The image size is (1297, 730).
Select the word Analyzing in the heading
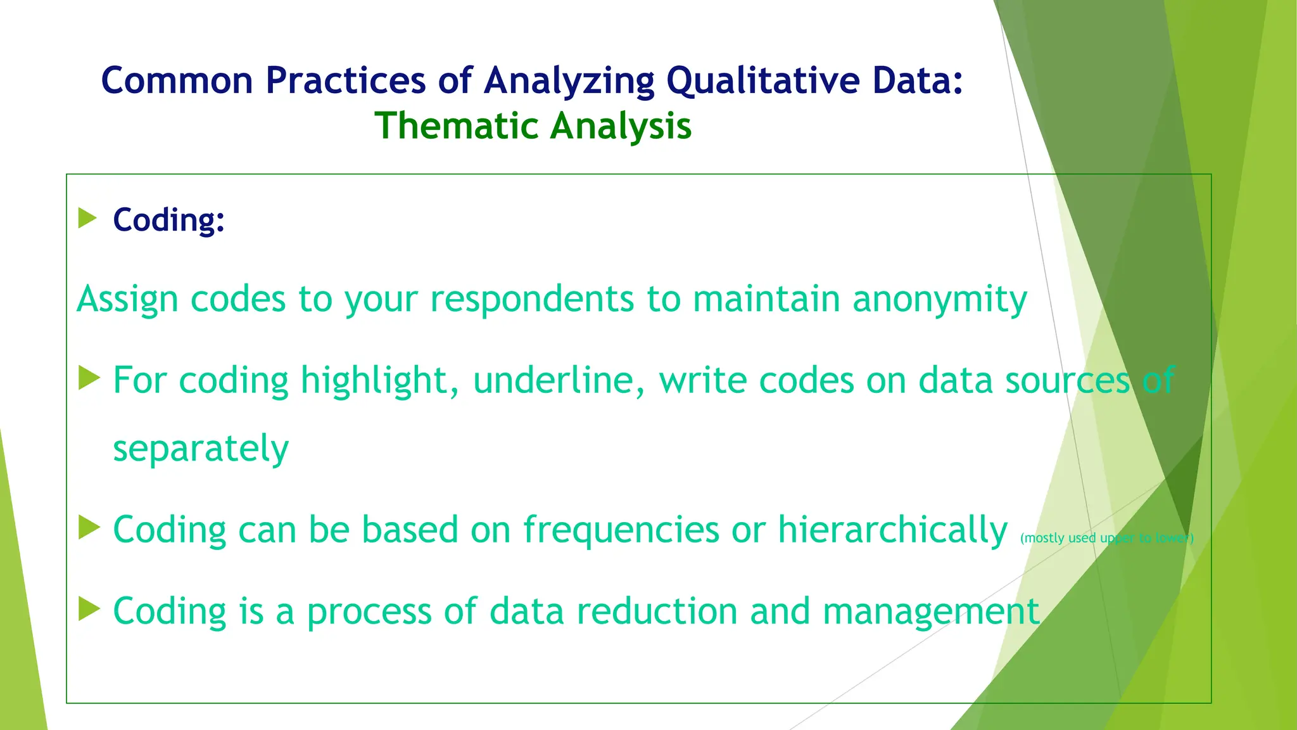pyautogui.click(x=568, y=81)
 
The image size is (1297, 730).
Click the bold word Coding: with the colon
pyautogui.click(x=168, y=220)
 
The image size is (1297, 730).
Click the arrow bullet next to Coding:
pyautogui.click(x=87, y=219)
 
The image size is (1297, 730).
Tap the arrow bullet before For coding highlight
pyautogui.click(x=89, y=378)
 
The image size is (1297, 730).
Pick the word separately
pyautogui.click(x=201, y=449)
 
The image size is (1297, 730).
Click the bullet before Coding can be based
pyautogui.click(x=89, y=528)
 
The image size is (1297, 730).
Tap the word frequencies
pyautogui.click(x=621, y=530)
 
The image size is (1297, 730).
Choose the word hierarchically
pyautogui.click(x=892, y=530)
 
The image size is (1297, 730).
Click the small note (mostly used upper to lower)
pyautogui.click(x=1106, y=538)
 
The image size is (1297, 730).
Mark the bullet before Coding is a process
pyautogui.click(x=89, y=609)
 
